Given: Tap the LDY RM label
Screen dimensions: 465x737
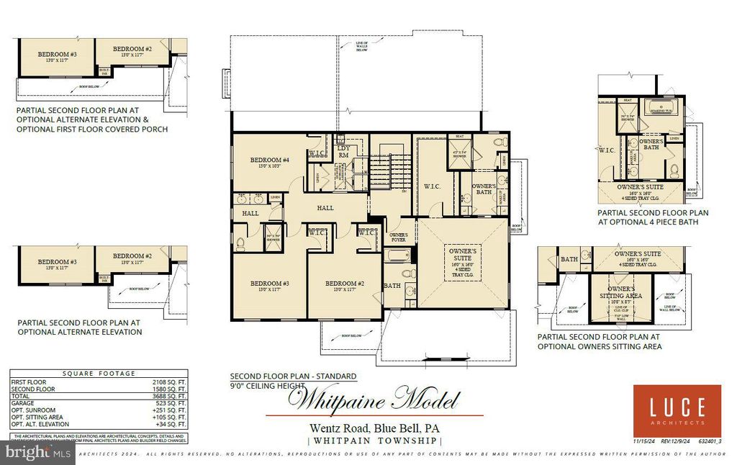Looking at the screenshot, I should click(343, 150).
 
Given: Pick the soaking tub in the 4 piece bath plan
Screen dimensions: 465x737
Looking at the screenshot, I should click(661, 109).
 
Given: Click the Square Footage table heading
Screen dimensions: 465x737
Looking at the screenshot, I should click(98, 374).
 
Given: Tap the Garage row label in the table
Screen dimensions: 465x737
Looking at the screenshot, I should click(24, 404).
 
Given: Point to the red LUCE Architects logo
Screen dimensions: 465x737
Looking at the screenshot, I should click(677, 410).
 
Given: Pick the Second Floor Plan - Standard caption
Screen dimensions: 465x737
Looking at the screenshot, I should click(293, 376).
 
